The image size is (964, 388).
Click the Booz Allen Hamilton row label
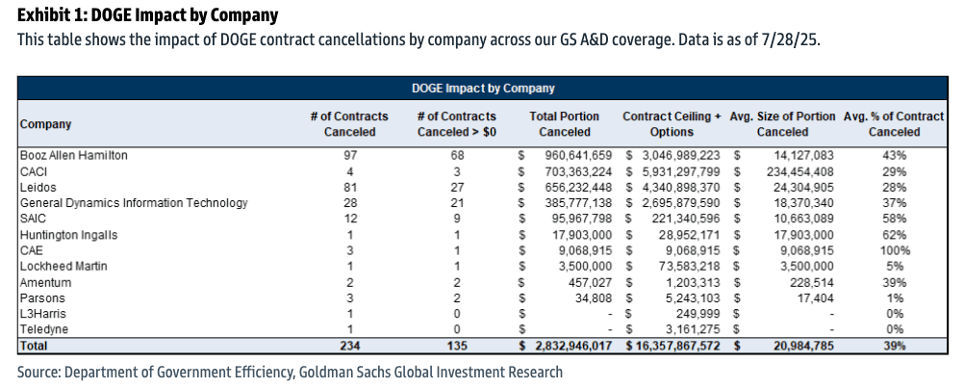[74, 154]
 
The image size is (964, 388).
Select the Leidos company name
[38, 186]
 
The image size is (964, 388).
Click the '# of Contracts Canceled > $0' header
[457, 124]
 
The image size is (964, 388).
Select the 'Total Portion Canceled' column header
[565, 124]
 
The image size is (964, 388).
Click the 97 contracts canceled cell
[349, 154]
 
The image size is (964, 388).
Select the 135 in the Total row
[457, 345]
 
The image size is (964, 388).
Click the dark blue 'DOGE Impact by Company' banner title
[482, 89]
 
